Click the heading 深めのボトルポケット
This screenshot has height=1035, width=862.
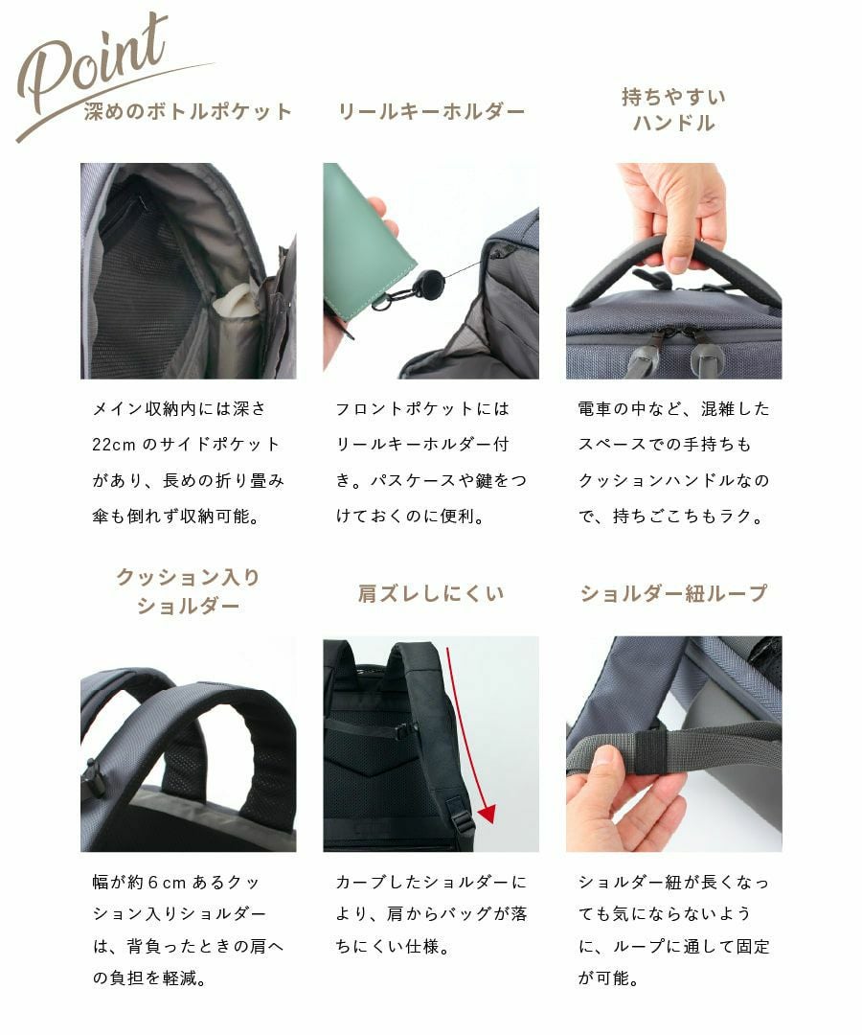(188, 111)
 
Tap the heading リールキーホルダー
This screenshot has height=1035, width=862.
(431, 111)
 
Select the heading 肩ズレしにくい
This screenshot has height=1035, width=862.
(431, 594)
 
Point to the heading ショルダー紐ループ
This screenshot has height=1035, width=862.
(673, 594)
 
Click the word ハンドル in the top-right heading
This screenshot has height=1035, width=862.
(673, 124)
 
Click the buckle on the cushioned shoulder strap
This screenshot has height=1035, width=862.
(94, 778)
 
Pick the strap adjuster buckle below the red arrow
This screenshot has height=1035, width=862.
(462, 822)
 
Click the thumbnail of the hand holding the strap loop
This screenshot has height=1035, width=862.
(673, 744)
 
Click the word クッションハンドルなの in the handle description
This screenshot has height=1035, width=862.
(673, 481)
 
